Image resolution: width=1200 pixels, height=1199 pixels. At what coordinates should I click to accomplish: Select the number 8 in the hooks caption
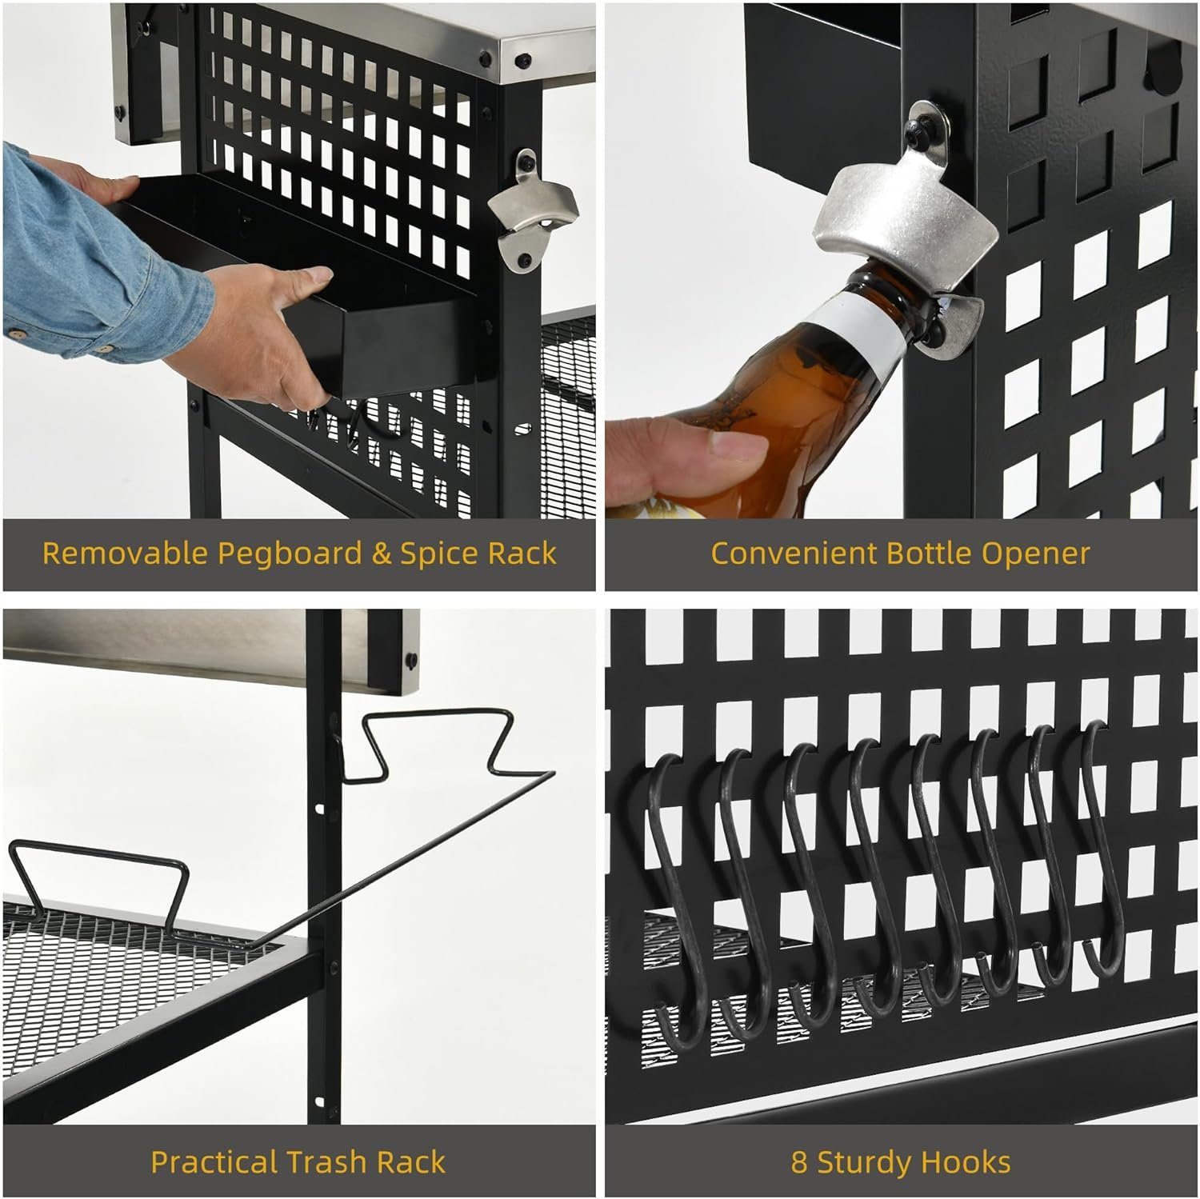799,1162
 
